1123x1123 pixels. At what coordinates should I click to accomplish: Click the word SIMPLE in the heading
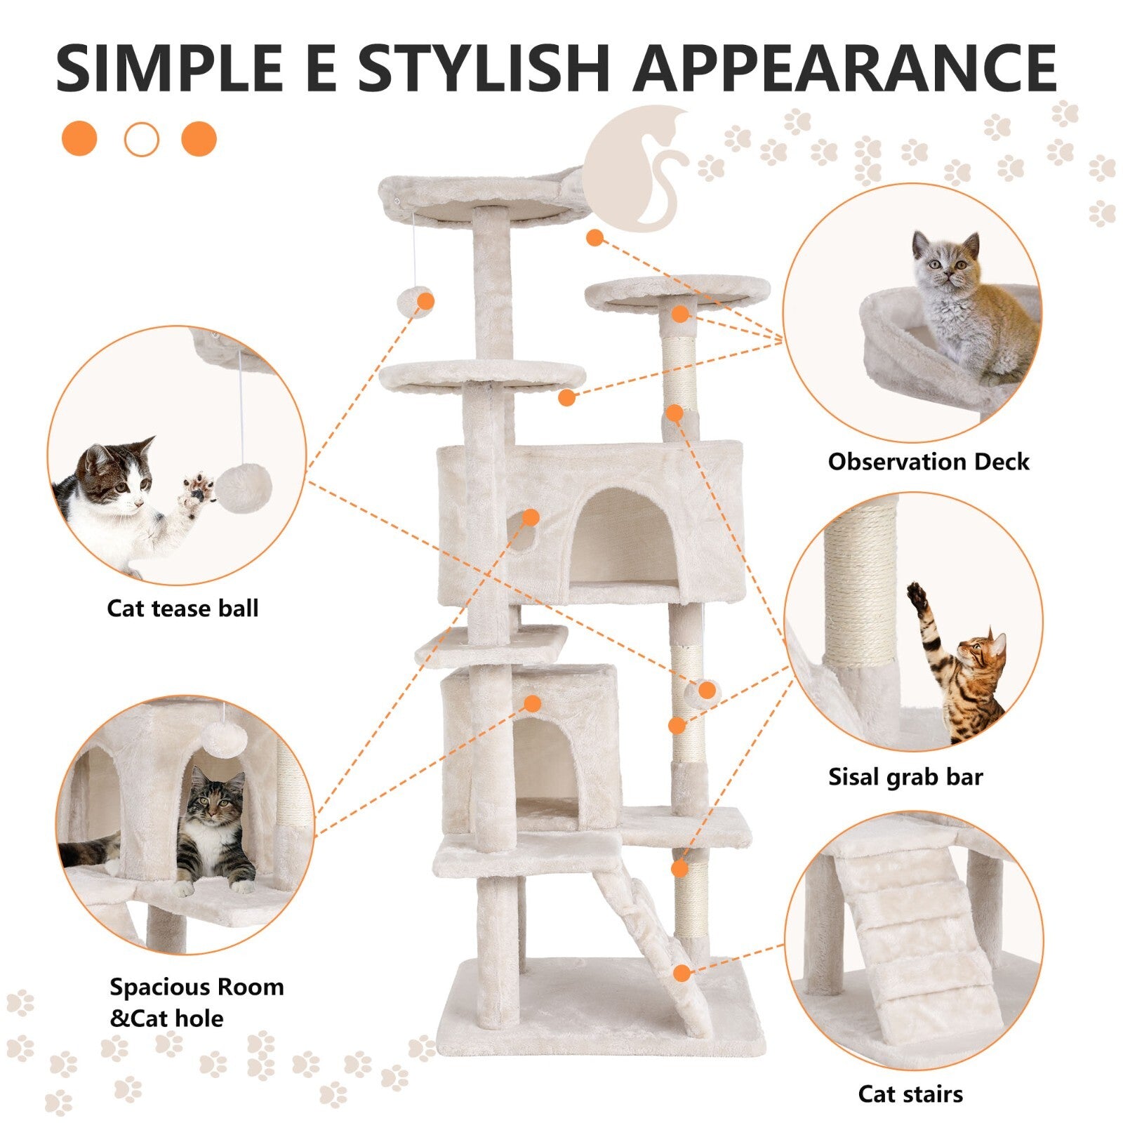pyautogui.click(x=169, y=68)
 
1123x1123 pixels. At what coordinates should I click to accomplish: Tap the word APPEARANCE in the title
pyautogui.click(x=845, y=68)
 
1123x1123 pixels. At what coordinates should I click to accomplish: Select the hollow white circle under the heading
pyautogui.click(x=142, y=139)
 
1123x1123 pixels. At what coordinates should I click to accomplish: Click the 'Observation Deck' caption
pyautogui.click(x=928, y=462)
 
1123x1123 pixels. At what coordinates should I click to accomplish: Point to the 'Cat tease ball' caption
pyautogui.click(x=182, y=608)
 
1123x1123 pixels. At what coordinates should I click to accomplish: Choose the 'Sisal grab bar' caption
pyautogui.click(x=905, y=777)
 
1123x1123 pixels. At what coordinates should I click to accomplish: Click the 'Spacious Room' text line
pyautogui.click(x=197, y=987)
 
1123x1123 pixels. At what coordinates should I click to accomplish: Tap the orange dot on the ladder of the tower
pyautogui.click(x=682, y=973)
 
